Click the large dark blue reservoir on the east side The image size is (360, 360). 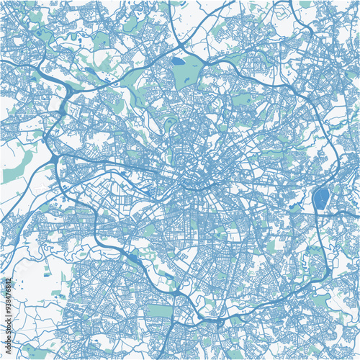(320, 198)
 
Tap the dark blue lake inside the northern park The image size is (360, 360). (177, 61)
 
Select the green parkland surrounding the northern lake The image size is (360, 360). (186, 72)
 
